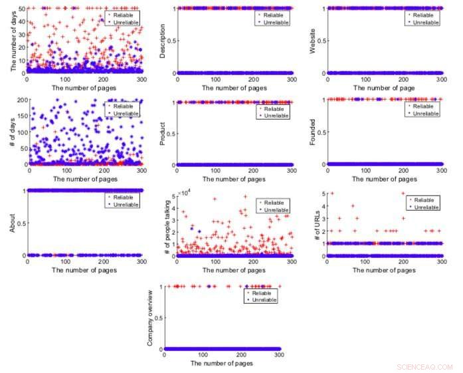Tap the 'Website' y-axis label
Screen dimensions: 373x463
tap(313, 41)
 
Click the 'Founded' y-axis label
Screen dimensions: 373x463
tap(313, 133)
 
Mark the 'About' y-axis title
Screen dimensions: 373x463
tap(11, 224)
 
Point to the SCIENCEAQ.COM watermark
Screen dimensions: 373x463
tap(424, 366)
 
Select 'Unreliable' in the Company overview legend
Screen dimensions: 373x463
tap(264, 300)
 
